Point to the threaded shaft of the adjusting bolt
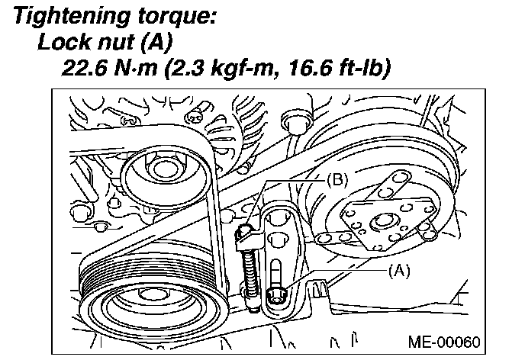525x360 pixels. coord(248,267)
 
